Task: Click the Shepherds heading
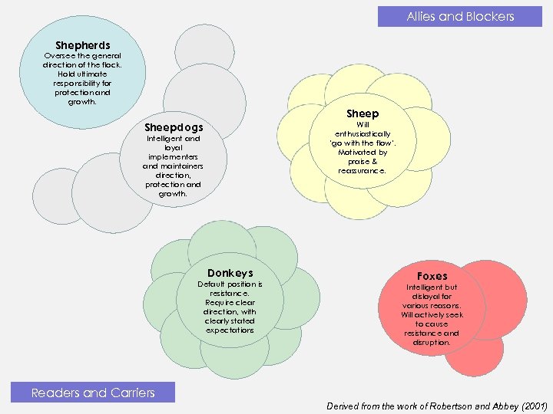click(x=82, y=45)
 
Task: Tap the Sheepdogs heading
click(x=174, y=127)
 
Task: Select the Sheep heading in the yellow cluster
click(x=363, y=113)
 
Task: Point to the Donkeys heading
click(x=230, y=273)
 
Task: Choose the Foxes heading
click(x=432, y=276)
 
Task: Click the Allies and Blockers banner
click(x=460, y=16)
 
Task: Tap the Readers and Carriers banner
click(x=93, y=393)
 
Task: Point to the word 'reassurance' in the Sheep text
click(x=361, y=171)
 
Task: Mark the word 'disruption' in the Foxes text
click(x=431, y=342)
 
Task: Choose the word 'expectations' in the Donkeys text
click(x=230, y=330)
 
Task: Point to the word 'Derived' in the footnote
click(x=347, y=406)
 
